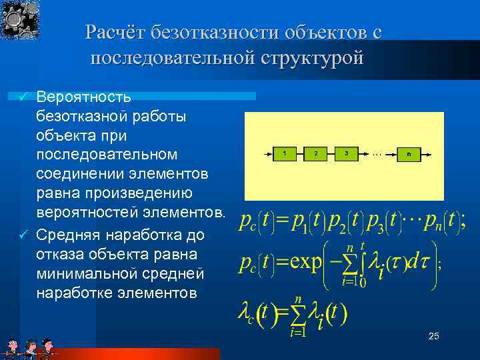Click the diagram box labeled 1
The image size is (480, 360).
285,153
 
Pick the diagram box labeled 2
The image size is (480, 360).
316,153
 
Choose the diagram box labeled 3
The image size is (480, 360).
347,153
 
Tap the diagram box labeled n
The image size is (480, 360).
408,153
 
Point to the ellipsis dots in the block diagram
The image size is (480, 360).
377,153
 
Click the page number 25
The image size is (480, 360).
433,337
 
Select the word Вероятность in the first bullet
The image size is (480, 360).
84,97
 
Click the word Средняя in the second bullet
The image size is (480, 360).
67,235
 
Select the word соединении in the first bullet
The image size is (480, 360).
78,174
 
